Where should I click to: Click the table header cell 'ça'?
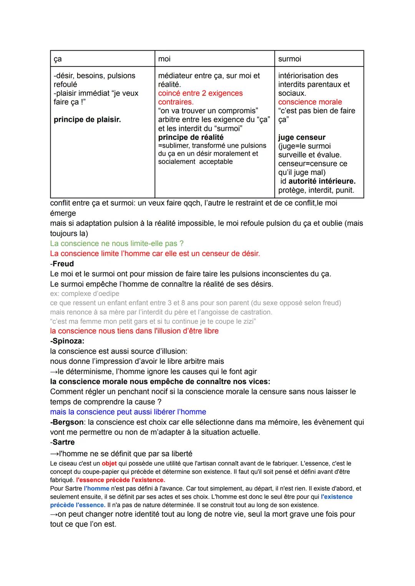tap(58, 59)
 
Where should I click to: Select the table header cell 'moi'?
tap(164, 59)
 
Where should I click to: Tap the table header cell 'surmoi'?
tap(290, 59)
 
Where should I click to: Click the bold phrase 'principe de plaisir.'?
tap(87, 120)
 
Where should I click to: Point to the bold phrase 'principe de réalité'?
tap(191, 137)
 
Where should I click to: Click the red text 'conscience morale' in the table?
tap(310, 102)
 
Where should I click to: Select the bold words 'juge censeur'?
tap(302, 137)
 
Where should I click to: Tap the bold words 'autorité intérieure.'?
tap(322, 181)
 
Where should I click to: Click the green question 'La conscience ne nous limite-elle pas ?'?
tap(117, 244)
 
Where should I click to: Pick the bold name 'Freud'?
tap(63, 264)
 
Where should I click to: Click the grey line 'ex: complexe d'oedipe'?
tap(85, 294)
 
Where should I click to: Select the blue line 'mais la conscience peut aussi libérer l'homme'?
tap(128, 412)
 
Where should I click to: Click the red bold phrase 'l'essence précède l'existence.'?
tap(121, 480)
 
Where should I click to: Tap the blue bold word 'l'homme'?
tap(96, 489)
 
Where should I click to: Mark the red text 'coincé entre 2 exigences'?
tap(200, 93)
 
